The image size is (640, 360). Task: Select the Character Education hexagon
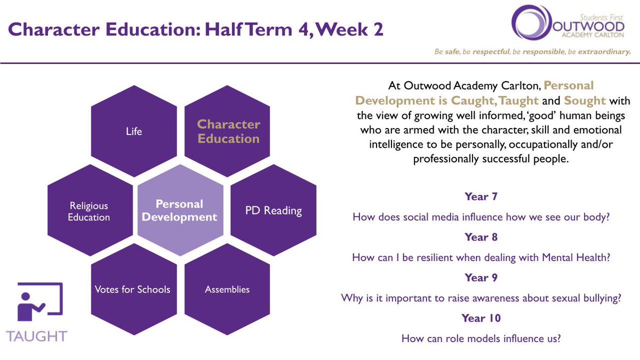pos(228,131)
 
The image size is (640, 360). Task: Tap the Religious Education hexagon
pos(89,211)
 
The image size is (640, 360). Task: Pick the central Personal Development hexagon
pos(180,210)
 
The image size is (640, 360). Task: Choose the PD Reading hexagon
pos(273,211)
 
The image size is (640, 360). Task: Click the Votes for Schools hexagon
pos(133,290)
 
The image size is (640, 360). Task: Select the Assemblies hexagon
pos(227,290)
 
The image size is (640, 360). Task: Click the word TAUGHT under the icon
pos(37,336)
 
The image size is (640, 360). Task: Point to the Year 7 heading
pos(481,197)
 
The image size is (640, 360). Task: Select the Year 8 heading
pos(481,237)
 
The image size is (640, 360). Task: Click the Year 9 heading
pos(481,277)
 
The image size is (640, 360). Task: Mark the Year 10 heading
pos(481,318)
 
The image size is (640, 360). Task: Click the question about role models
pos(481,338)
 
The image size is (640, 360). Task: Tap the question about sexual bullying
pos(481,298)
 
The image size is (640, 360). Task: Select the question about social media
pos(481,217)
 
